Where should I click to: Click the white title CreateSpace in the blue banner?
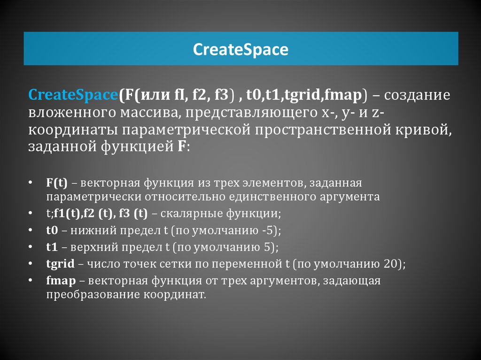(240, 50)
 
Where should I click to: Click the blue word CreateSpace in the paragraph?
(73, 95)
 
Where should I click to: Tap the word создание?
(417, 95)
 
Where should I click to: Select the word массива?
(149, 113)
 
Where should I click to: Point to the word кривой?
(424, 130)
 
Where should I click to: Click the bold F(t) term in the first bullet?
(57, 183)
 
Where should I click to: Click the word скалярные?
(192, 214)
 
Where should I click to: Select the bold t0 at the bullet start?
(52, 230)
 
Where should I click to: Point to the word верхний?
(94, 247)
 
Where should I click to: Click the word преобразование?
(93, 295)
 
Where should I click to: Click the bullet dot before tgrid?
(30, 263)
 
